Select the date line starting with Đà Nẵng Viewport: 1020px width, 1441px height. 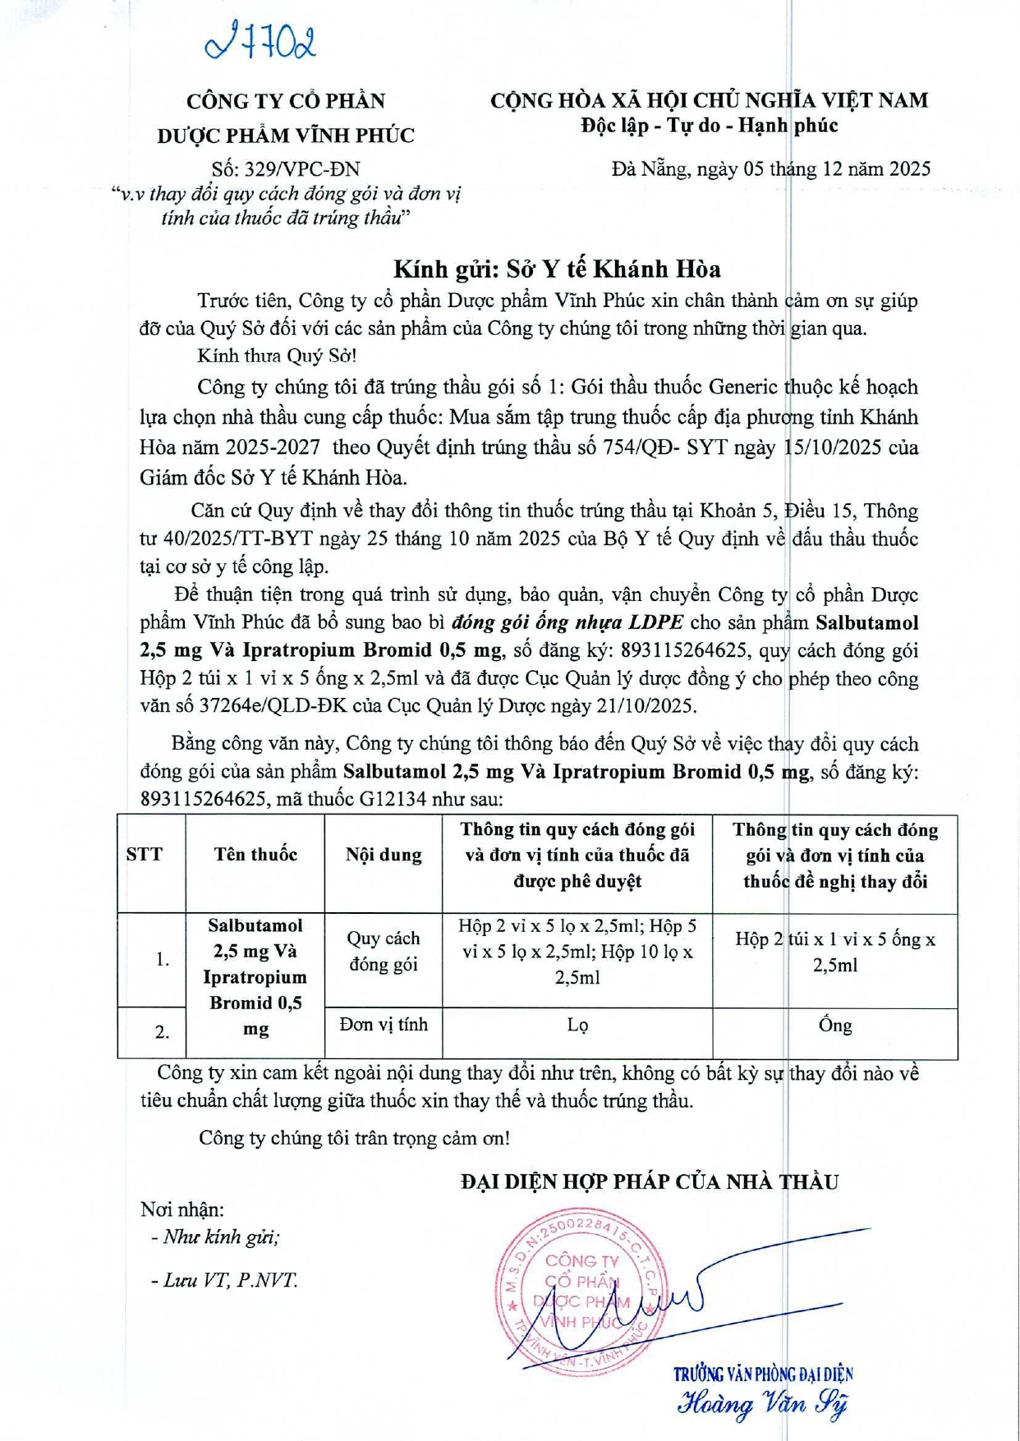pos(770,169)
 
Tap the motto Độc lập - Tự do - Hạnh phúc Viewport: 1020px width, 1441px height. pos(709,126)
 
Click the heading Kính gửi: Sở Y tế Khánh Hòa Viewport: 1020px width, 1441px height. pos(557,268)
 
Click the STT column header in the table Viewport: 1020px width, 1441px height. pos(145,854)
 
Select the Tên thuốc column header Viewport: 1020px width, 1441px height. pos(255,854)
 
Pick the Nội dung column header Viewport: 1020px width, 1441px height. pos(384,855)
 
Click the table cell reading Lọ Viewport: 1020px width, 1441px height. pos(577,1026)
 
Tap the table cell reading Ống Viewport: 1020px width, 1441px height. pos(834,1026)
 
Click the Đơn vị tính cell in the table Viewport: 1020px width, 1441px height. pos(384,1025)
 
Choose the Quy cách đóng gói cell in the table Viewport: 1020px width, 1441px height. pos(384,951)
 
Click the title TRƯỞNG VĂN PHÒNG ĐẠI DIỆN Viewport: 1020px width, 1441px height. pos(763,1374)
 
